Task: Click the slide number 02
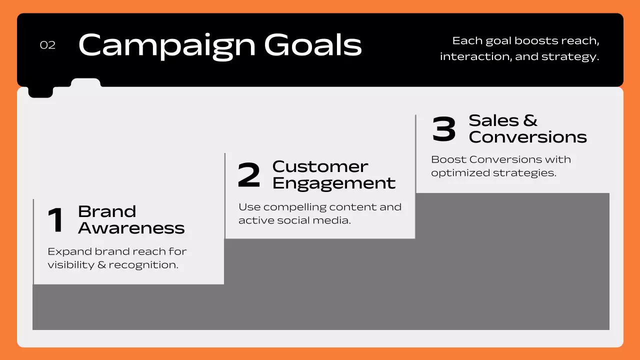pyautogui.click(x=47, y=45)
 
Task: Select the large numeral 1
pyautogui.click(x=56, y=220)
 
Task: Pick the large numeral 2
pyautogui.click(x=249, y=175)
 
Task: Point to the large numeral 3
pyautogui.click(x=444, y=129)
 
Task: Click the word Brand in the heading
pyautogui.click(x=107, y=211)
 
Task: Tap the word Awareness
pyautogui.click(x=131, y=228)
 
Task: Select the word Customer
pyautogui.click(x=320, y=166)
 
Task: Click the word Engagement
pyautogui.click(x=334, y=183)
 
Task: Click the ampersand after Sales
pyautogui.click(x=530, y=120)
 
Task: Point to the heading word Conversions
pyautogui.click(x=527, y=137)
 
